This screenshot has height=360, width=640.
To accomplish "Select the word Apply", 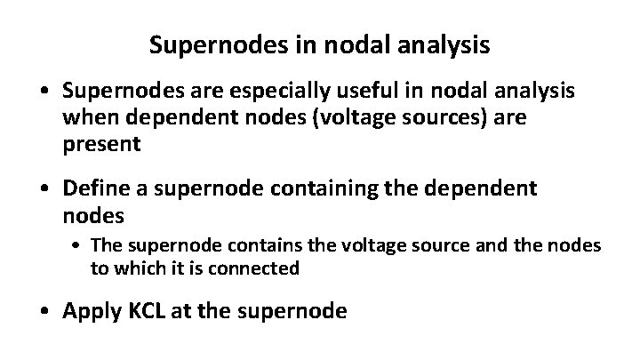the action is click(x=92, y=311).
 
